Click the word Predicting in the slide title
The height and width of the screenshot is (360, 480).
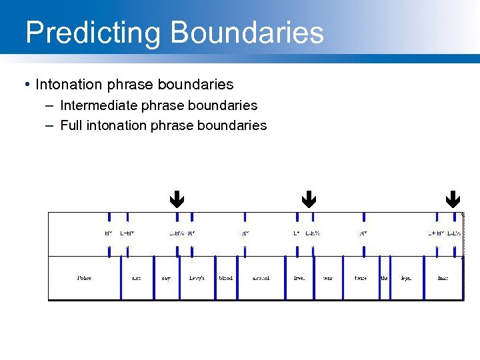click(x=93, y=33)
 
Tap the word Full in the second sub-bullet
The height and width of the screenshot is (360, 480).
click(x=71, y=125)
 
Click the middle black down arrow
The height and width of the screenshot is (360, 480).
click(x=307, y=199)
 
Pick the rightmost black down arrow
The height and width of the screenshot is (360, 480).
click(x=453, y=199)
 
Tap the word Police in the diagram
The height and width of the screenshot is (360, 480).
click(x=84, y=278)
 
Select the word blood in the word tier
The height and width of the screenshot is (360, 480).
click(x=226, y=278)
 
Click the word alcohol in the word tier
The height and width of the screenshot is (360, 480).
click(x=261, y=278)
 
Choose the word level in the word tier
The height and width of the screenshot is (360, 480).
click(x=299, y=278)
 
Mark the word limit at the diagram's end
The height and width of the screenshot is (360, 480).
click(x=443, y=278)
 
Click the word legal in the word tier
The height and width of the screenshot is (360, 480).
click(x=406, y=278)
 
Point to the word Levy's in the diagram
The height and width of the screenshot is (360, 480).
click(x=197, y=278)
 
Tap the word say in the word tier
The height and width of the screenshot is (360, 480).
click(x=166, y=278)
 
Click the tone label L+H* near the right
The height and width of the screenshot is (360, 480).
click(x=436, y=233)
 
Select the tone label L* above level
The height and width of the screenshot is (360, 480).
click(x=296, y=233)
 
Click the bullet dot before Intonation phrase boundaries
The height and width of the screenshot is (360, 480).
click(x=26, y=85)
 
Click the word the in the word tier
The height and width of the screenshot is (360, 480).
click(x=384, y=278)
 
